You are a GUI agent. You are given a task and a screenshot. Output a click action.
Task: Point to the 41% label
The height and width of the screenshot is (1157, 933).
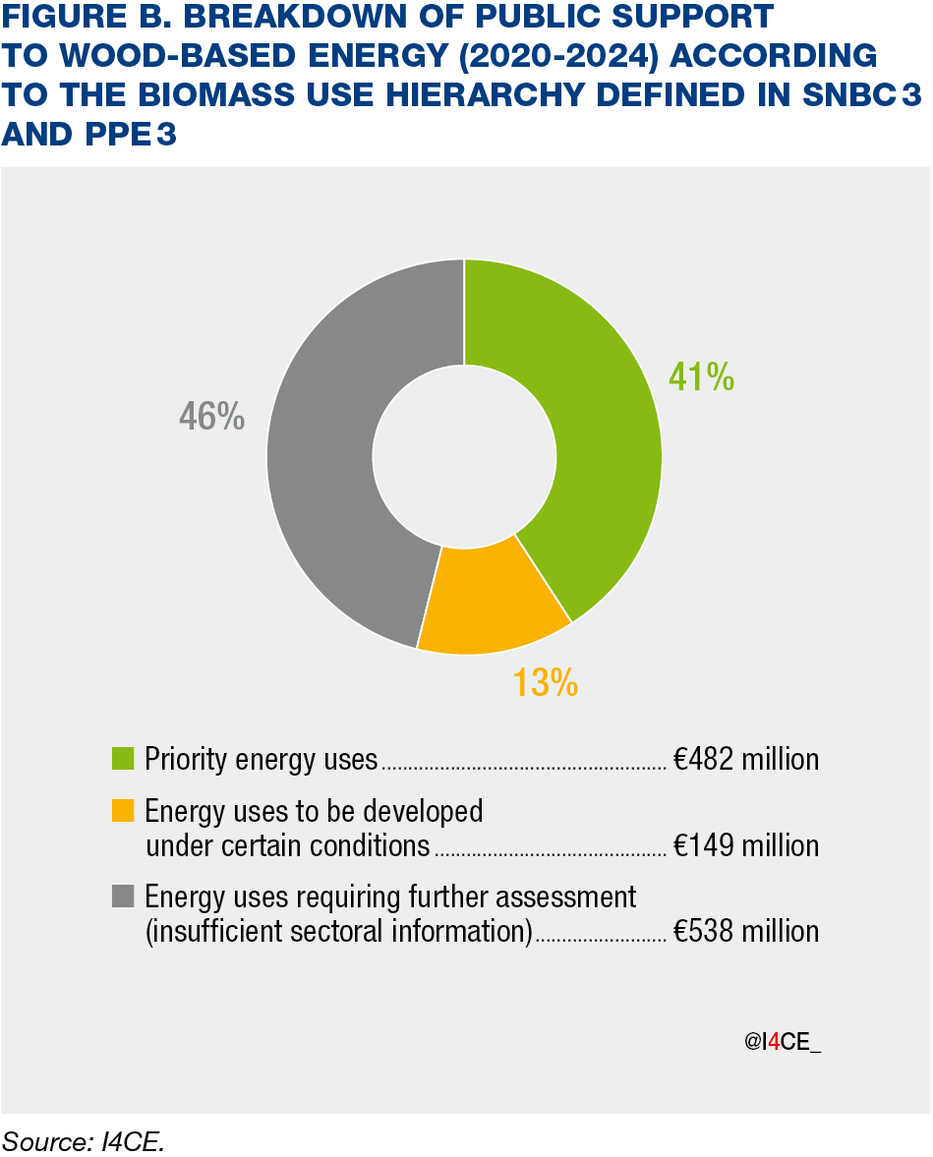[x=701, y=376]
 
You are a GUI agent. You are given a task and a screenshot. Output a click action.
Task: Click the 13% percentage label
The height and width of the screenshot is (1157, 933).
[x=545, y=681]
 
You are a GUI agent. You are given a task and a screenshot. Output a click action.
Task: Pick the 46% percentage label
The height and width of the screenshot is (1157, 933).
[x=211, y=417]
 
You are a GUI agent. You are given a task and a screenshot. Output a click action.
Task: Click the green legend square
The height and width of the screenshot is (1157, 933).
[x=123, y=759]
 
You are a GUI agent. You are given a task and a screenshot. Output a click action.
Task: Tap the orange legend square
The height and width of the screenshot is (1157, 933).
[x=123, y=811]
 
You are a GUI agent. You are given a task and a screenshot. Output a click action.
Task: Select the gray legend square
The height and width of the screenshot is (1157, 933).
[x=123, y=897]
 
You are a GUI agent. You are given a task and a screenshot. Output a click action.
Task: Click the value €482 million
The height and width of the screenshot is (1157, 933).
[x=746, y=759]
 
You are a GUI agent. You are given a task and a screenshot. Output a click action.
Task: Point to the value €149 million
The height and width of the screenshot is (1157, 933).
[x=746, y=845]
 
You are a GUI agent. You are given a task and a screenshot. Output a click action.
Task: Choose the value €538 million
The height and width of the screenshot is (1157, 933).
[x=746, y=931]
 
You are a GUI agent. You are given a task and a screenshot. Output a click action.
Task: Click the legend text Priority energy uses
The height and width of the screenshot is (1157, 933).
[x=261, y=759]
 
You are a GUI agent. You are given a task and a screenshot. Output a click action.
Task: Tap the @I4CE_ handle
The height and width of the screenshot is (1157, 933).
[x=782, y=1043]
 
